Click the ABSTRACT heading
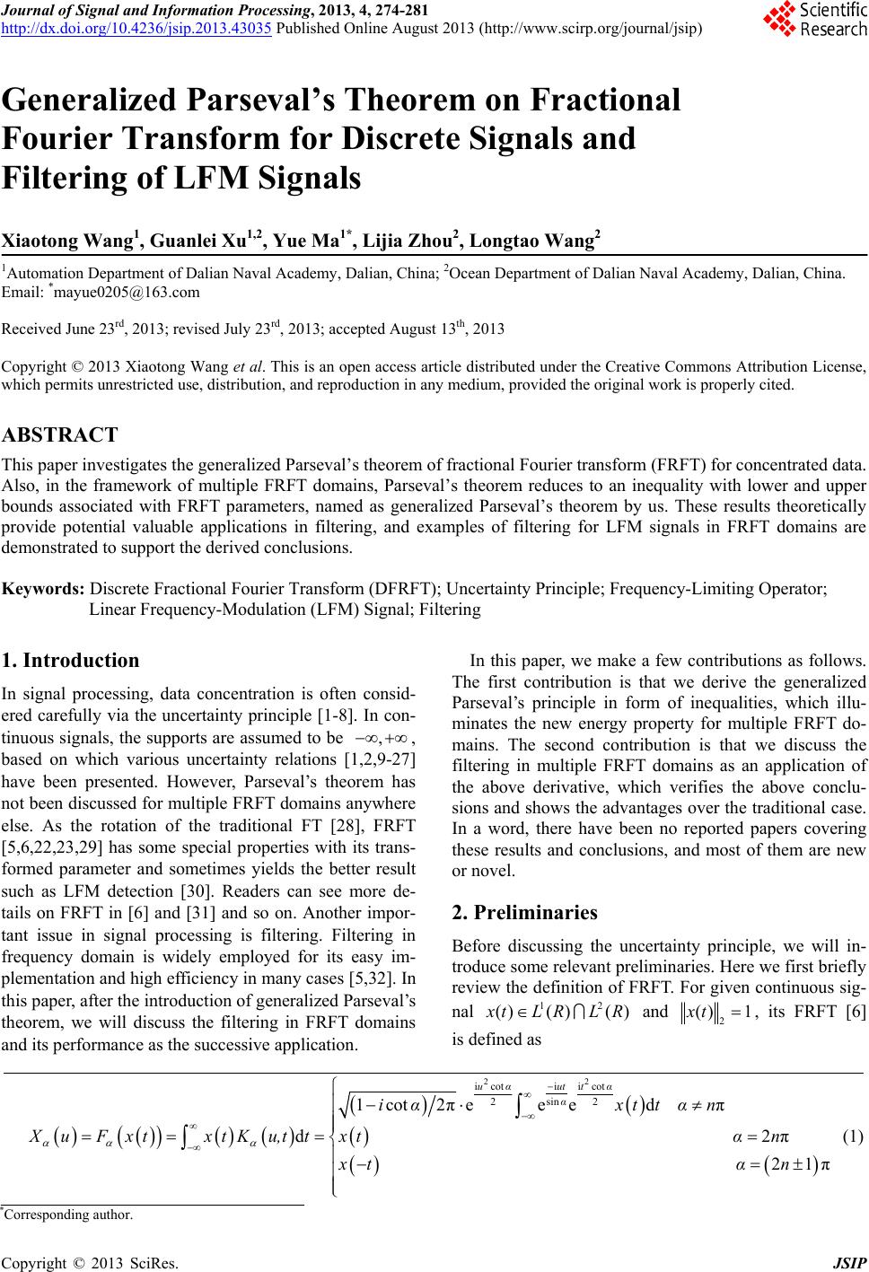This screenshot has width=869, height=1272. pyautogui.click(x=60, y=436)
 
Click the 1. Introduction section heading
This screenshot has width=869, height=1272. pyautogui.click(x=71, y=661)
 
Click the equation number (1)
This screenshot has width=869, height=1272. pyautogui.click(x=854, y=1136)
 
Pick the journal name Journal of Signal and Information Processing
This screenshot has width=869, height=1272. pyautogui.click(x=163, y=10)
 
